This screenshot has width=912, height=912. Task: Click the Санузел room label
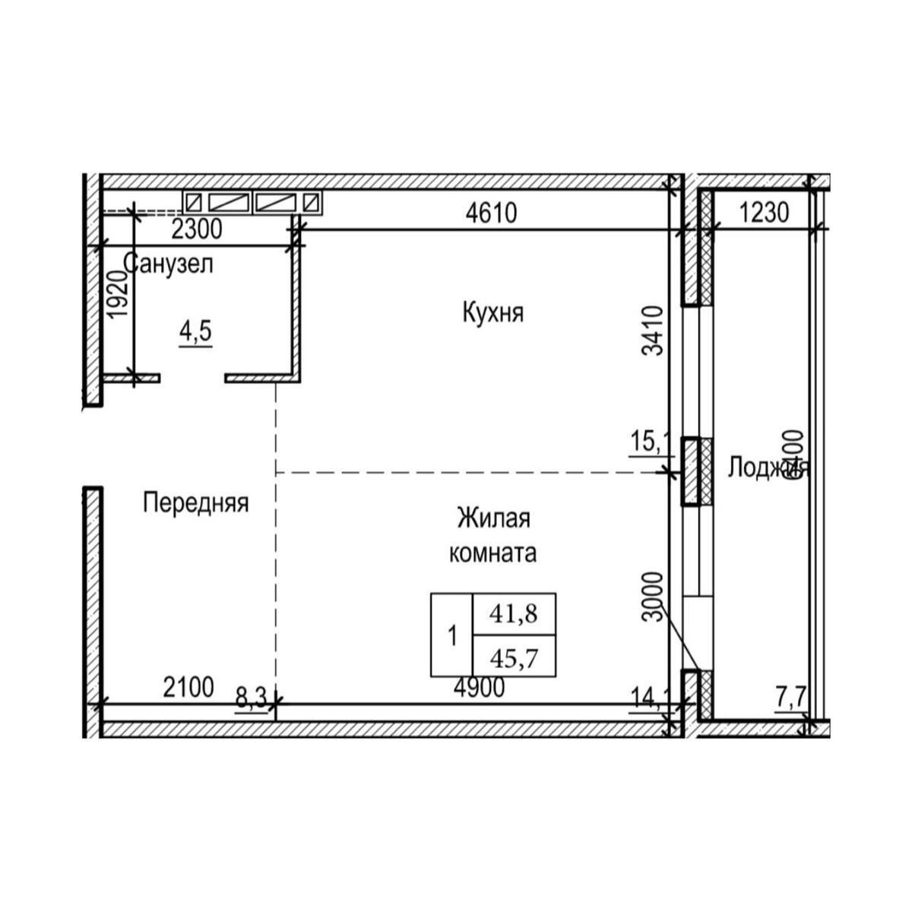(168, 264)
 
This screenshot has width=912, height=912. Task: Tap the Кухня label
(492, 312)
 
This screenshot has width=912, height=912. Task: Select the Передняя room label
(196, 502)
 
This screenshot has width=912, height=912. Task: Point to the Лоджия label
(768, 467)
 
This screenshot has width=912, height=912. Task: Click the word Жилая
(492, 520)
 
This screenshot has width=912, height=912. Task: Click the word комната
(492, 553)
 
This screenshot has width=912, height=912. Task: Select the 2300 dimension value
(197, 229)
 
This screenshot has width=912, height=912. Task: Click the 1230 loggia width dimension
(765, 214)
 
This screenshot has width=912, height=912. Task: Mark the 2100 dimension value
(188, 688)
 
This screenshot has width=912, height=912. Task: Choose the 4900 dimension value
(479, 688)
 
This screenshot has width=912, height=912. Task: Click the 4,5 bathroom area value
(195, 332)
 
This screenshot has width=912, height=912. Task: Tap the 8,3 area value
(252, 697)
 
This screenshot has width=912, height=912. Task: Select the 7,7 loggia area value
(791, 697)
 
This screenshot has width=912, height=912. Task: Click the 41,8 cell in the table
(514, 613)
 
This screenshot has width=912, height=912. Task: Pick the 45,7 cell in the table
(514, 656)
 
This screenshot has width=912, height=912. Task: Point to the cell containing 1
(452, 635)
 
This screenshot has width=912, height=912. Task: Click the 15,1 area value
(648, 440)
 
